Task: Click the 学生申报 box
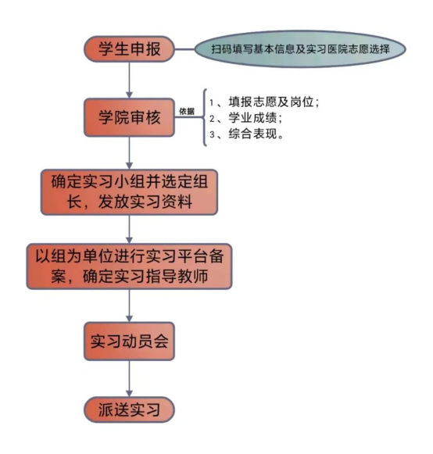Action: (x=129, y=49)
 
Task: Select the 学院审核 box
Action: (x=129, y=117)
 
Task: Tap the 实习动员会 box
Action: (x=129, y=341)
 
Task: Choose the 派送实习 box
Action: (x=129, y=409)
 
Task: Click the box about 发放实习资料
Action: (x=129, y=192)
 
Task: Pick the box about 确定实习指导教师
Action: (x=129, y=266)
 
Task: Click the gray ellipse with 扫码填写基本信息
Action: (x=300, y=49)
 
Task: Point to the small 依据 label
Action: (x=187, y=111)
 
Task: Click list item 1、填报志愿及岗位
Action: (x=264, y=102)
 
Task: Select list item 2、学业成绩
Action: (x=245, y=118)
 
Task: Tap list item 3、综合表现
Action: (x=246, y=134)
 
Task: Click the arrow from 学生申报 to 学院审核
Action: (x=129, y=80)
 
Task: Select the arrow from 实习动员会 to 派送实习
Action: (x=129, y=378)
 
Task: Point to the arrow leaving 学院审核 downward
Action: (x=129, y=153)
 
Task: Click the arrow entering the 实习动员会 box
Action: (x=129, y=306)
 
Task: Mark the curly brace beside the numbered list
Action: (x=205, y=117)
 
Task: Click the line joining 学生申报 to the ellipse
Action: (x=184, y=49)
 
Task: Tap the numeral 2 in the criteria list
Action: (x=212, y=119)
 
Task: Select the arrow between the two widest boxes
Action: (x=129, y=229)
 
